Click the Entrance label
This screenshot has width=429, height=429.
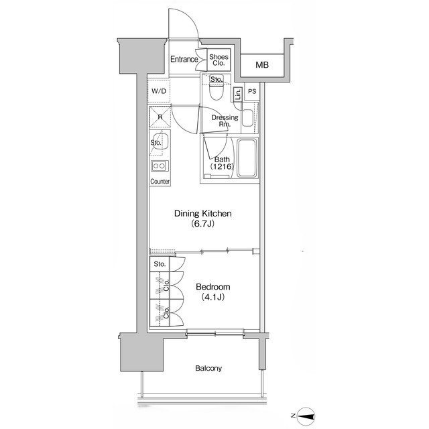184,59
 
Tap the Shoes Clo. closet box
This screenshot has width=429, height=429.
219,60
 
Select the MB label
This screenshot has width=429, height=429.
262,65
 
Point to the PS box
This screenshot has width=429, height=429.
252,91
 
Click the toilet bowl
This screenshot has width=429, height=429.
217,91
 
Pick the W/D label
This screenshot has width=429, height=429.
159,91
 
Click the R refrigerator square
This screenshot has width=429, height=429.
160,117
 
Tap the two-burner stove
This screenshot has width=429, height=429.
160,166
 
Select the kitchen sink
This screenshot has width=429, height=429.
161,141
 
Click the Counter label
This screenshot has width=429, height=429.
160,182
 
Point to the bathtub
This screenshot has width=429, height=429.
247,158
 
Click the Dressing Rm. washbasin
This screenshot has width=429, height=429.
247,118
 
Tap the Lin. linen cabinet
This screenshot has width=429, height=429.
238,95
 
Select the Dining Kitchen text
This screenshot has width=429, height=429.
202,213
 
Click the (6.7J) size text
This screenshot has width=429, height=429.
202,224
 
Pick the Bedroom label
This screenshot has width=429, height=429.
213,287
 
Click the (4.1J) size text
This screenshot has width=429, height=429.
212,297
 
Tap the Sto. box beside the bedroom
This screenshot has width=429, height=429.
160,263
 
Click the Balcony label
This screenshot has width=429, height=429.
208,368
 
